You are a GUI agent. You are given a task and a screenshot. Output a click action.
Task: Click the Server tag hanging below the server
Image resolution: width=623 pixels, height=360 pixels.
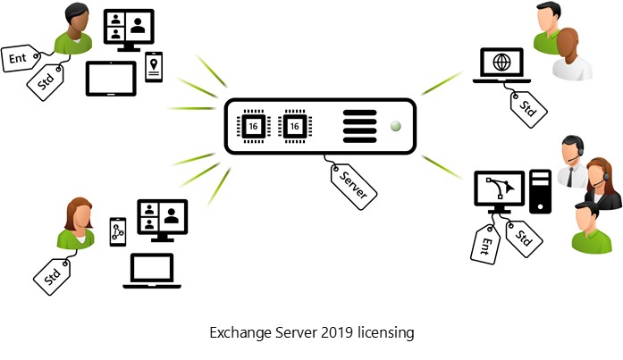point(354,186)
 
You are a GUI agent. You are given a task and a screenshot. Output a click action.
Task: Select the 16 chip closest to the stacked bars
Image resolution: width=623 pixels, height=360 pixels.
point(294,127)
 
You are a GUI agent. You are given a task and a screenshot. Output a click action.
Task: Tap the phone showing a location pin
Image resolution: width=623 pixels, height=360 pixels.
point(154,66)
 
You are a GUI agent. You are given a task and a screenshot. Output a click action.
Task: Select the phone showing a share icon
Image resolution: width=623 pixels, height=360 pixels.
point(117,231)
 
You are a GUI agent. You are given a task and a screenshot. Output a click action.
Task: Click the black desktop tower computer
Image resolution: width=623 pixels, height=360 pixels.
point(540,188)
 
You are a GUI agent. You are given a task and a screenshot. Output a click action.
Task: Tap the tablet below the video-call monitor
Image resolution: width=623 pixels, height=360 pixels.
point(111,79)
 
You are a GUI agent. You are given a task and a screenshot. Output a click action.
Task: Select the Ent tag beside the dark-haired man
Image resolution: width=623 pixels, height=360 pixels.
point(21,58)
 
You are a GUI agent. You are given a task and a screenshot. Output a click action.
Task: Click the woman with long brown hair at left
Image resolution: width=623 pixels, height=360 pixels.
point(75,223)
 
